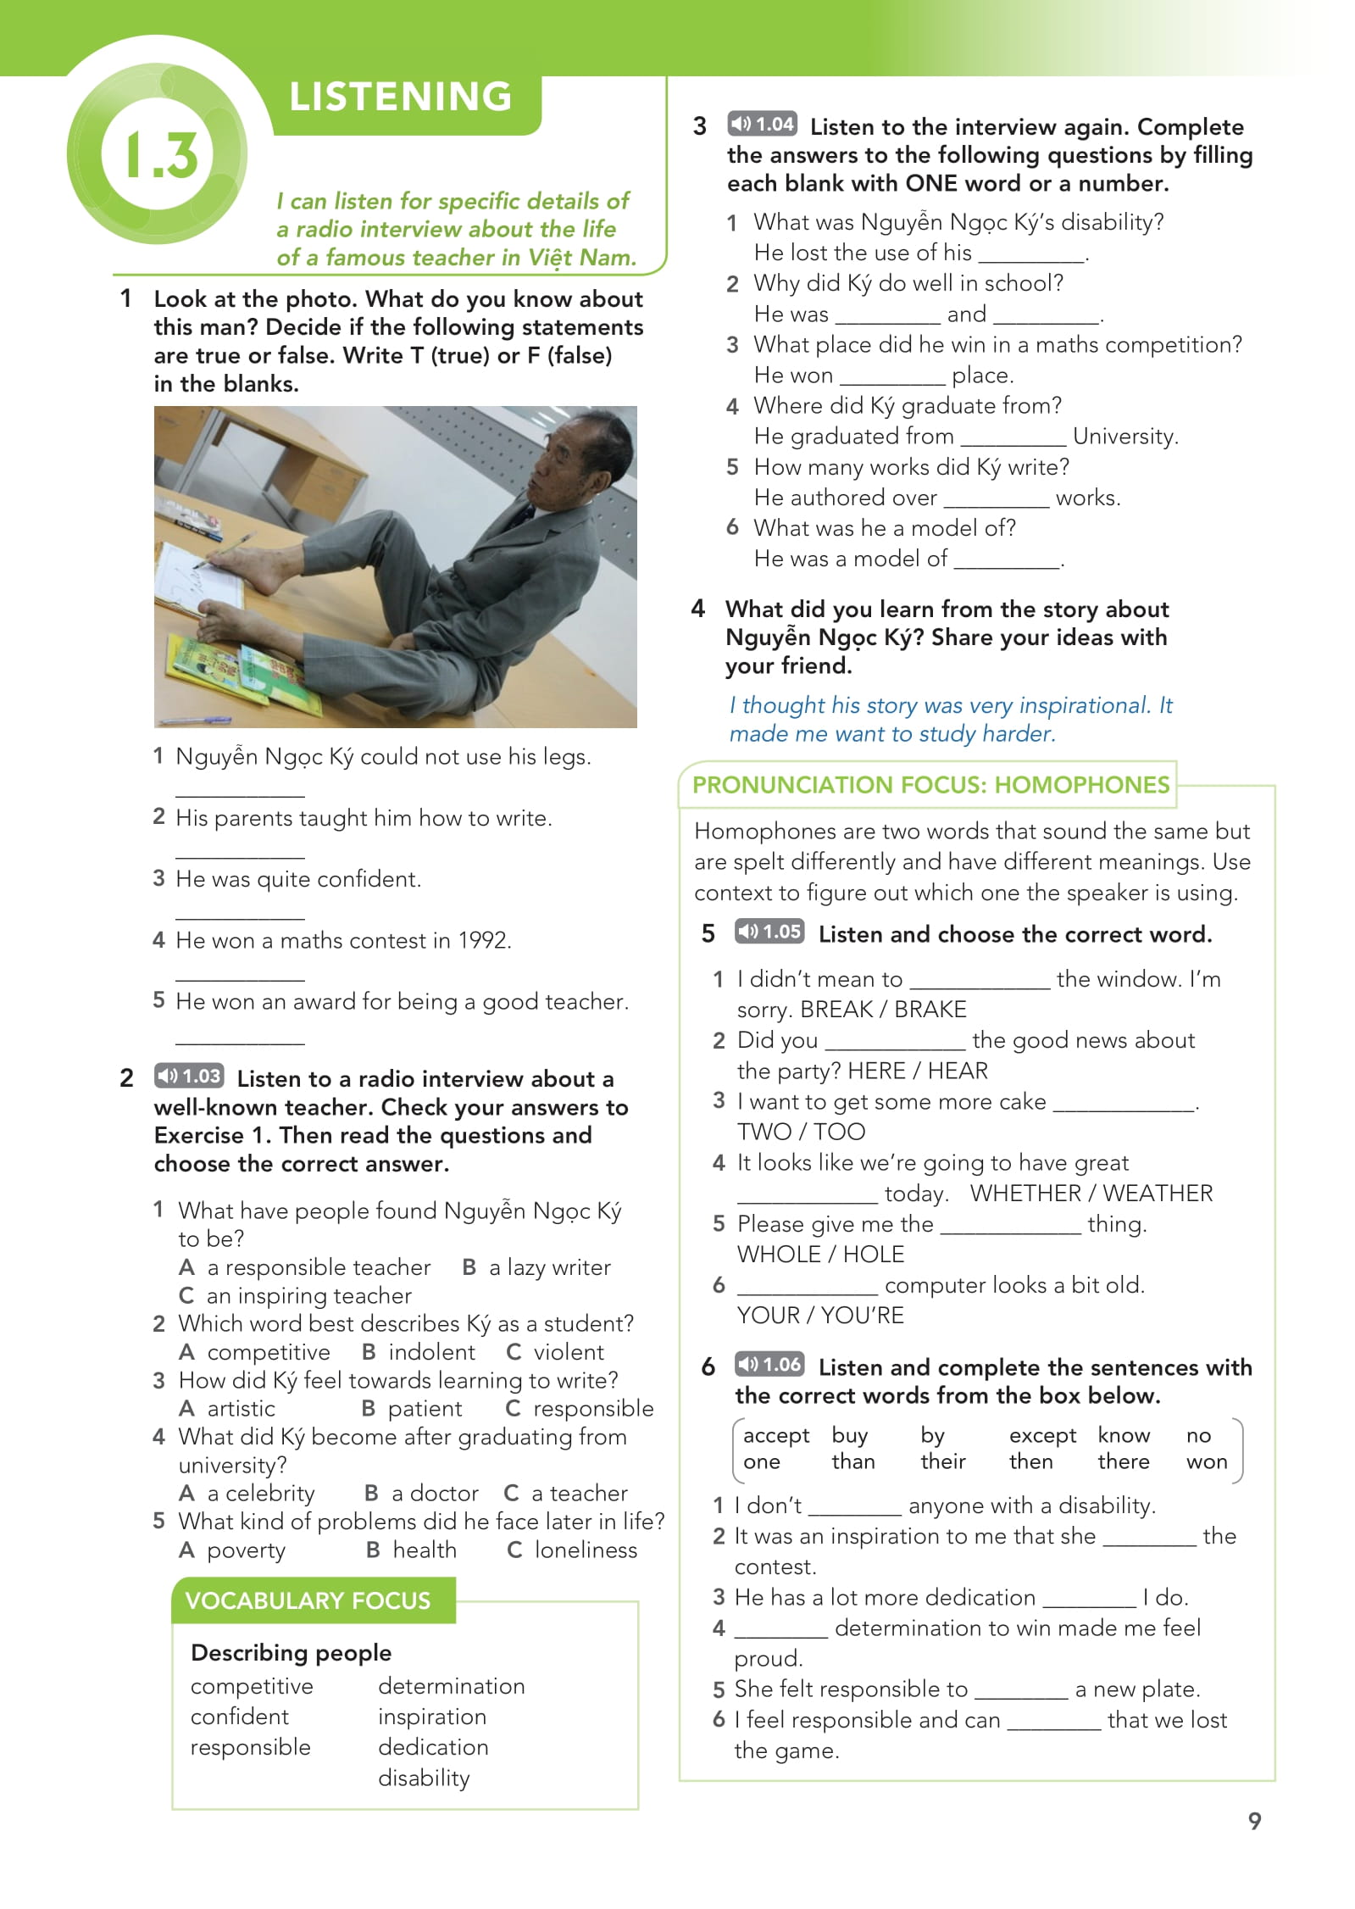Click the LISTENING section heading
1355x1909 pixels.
click(400, 97)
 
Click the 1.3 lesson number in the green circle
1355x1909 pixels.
click(162, 154)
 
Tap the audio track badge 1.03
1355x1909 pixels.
click(189, 1076)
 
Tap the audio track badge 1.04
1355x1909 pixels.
click(762, 124)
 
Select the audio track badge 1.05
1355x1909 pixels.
click(769, 931)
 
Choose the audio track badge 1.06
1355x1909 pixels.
click(769, 1364)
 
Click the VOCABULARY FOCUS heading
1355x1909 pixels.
click(308, 1600)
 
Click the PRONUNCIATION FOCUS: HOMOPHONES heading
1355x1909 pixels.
click(930, 784)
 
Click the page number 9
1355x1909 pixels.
click(1254, 1821)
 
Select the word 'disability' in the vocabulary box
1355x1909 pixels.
click(424, 1778)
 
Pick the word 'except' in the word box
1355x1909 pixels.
click(1041, 1435)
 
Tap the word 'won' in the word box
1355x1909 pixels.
click(1206, 1461)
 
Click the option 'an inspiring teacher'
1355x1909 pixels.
click(308, 1295)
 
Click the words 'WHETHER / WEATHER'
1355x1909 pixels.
click(1091, 1193)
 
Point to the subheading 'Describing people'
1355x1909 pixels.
click(291, 1652)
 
